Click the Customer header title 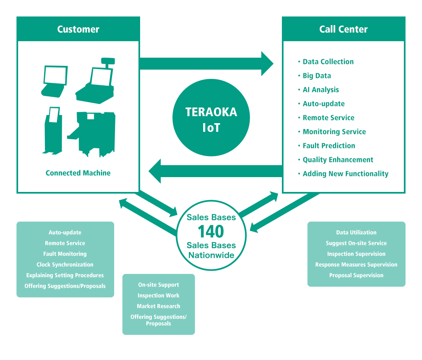click(78, 29)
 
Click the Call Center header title click(343, 29)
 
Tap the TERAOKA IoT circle click(211, 117)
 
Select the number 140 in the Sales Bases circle click(211, 231)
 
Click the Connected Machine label click(78, 173)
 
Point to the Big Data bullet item click(317, 76)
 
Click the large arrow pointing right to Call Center click(206, 64)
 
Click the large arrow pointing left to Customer click(216, 171)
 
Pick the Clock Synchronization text click(65, 264)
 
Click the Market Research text click(159, 306)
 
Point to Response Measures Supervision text click(356, 264)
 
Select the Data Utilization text click(356, 232)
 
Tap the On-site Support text click(159, 285)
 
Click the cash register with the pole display click(96, 81)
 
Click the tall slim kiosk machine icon click(53, 131)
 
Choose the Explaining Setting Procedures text click(65, 275)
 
